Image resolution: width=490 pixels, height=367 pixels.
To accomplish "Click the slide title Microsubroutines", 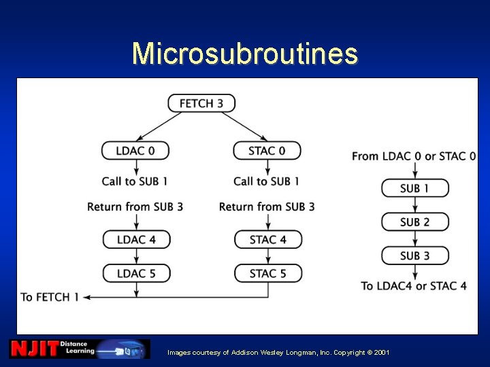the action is tap(245, 53).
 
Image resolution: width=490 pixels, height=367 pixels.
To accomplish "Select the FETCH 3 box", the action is tap(201, 103).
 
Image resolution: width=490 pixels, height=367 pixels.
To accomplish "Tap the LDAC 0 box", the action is tap(135, 150).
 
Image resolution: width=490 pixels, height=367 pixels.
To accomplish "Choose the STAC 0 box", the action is tap(267, 150).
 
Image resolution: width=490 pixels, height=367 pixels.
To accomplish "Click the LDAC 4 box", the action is tap(136, 239).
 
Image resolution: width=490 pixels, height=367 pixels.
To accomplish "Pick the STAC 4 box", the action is tap(268, 239).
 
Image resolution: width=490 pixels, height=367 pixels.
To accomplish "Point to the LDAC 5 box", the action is tap(136, 273).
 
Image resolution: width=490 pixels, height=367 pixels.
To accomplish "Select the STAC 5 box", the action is tap(268, 273).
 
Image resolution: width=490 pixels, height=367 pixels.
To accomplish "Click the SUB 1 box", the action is tap(414, 188).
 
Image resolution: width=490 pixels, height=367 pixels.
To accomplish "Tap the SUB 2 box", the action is tap(414, 222).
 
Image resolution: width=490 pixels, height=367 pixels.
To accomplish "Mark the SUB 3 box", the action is tap(414, 256).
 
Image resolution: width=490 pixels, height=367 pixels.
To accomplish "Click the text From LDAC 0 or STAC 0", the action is tap(414, 156).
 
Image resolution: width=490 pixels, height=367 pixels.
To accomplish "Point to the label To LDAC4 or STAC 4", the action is tap(414, 285).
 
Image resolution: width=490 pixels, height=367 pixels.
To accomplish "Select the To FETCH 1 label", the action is tap(50, 297).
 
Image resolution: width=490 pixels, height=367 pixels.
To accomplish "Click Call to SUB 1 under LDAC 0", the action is tap(135, 181).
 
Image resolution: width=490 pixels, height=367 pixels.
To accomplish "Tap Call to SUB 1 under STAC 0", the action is tap(267, 181).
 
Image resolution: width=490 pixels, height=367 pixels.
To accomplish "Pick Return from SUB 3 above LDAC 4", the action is tap(135, 207).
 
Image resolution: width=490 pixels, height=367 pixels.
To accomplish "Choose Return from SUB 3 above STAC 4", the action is tap(267, 207).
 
